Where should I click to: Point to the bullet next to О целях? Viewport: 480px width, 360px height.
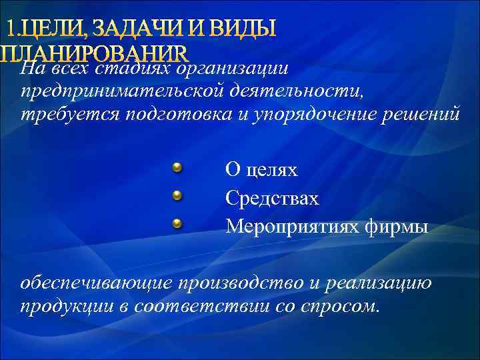click(x=177, y=167)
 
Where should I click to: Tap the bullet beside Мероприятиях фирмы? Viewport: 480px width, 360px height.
click(x=177, y=223)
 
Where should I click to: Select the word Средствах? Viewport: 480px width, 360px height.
click(x=272, y=199)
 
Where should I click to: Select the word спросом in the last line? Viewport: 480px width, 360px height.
click(x=339, y=306)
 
